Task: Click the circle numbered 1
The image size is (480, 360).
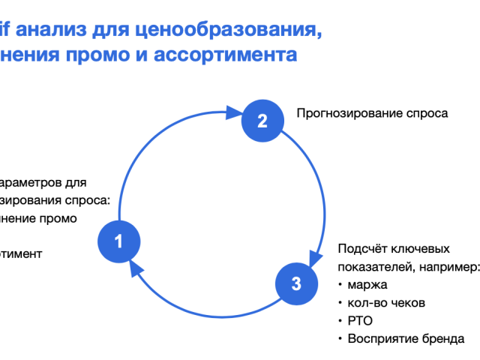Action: (x=118, y=241)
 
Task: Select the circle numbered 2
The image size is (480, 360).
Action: (x=262, y=121)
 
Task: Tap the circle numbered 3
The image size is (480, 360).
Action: (x=296, y=283)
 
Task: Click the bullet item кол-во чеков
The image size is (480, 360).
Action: (x=386, y=303)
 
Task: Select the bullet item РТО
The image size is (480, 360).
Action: (x=359, y=321)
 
